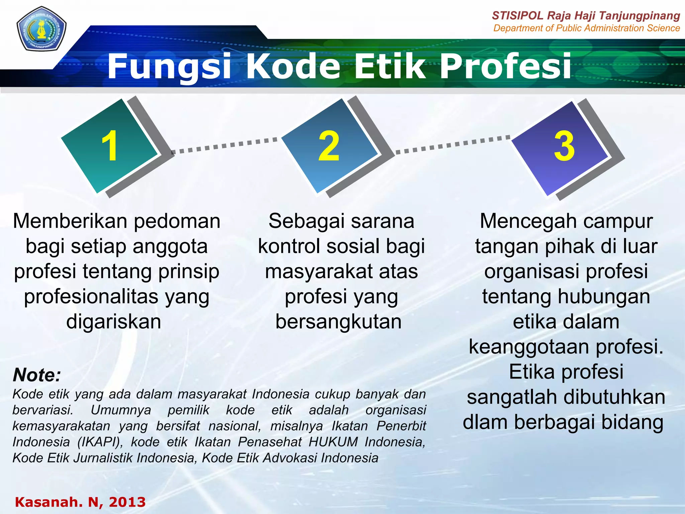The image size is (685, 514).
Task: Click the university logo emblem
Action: (41, 29)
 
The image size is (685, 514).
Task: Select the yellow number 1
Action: (110, 146)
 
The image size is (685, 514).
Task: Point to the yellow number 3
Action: (564, 146)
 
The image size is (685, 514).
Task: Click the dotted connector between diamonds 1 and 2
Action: (224, 146)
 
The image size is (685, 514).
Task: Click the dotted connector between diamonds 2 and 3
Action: (453, 145)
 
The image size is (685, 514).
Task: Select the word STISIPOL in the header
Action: (518, 16)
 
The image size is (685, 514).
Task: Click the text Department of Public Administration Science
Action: (586, 28)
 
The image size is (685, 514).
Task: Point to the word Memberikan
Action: (71, 221)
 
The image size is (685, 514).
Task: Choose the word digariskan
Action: (114, 322)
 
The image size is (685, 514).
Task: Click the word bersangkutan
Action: (338, 322)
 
